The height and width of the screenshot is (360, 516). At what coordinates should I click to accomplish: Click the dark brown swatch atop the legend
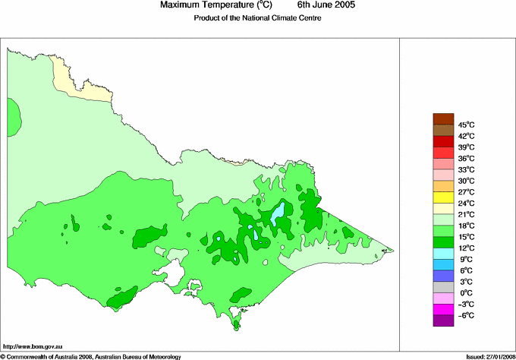tap(443, 118)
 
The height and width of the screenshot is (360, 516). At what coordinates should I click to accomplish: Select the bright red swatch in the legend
tap(443, 141)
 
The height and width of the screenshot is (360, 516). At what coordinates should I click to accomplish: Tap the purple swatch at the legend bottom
tap(443, 321)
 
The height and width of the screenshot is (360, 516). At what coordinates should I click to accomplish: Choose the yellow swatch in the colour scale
tap(443, 197)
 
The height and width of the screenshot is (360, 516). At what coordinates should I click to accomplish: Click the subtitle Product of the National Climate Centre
tap(257, 18)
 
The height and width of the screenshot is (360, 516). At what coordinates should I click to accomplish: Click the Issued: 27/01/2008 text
tap(489, 355)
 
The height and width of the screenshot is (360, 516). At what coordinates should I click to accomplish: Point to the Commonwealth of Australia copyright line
tap(91, 355)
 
